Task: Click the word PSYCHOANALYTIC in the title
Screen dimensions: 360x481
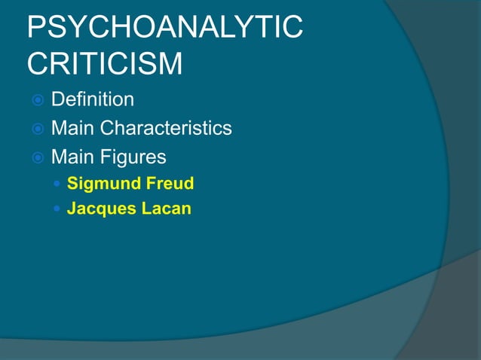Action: coord(164,28)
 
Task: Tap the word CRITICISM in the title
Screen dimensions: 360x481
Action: coord(104,63)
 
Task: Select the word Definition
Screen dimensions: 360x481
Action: coord(93,99)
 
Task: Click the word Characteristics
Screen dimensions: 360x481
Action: coord(171,128)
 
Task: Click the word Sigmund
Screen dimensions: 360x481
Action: coord(99,183)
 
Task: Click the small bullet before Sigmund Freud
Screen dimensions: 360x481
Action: coord(59,184)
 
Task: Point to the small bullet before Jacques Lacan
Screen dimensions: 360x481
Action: coord(59,209)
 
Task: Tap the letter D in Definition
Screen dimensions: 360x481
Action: coord(57,99)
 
